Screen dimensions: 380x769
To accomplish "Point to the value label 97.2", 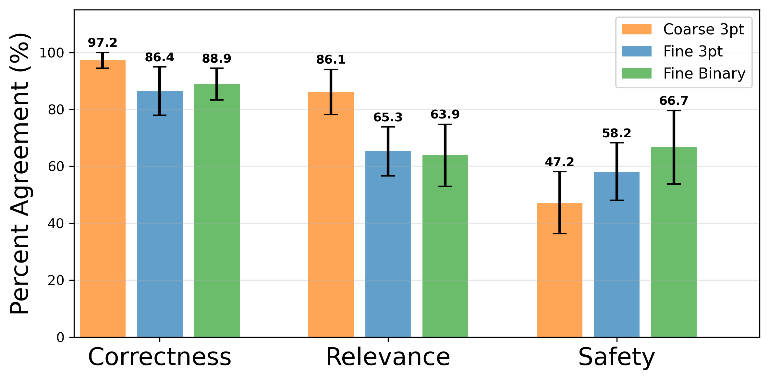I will click(x=103, y=43).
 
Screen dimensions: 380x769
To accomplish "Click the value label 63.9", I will click(x=445, y=115).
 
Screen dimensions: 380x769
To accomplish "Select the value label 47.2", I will click(x=559, y=162).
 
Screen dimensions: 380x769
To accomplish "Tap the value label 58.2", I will click(x=616, y=133).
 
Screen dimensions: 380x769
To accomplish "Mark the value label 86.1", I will click(x=331, y=60).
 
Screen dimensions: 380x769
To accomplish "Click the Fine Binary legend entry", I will click(x=704, y=74).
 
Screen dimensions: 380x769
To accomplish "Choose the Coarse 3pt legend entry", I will click(x=703, y=30).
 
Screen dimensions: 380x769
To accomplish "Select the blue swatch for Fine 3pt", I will click(x=636, y=51).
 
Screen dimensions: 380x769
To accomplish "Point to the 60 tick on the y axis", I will click(x=56, y=166).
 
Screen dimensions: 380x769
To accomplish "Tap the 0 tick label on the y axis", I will click(x=60, y=338).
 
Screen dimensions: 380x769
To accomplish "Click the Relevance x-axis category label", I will click(x=388, y=357).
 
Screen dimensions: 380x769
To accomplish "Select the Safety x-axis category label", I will click(x=616, y=357).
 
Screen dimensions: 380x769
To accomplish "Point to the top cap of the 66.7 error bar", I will click(x=674, y=111).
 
